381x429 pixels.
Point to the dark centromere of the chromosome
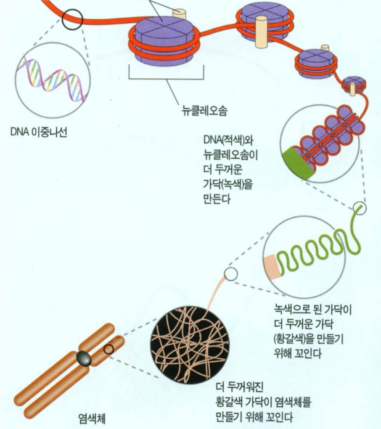tap(84, 358)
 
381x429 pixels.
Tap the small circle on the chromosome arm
tap(109, 349)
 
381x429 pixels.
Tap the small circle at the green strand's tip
tap(360, 208)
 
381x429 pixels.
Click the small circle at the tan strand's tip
tap(231, 274)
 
